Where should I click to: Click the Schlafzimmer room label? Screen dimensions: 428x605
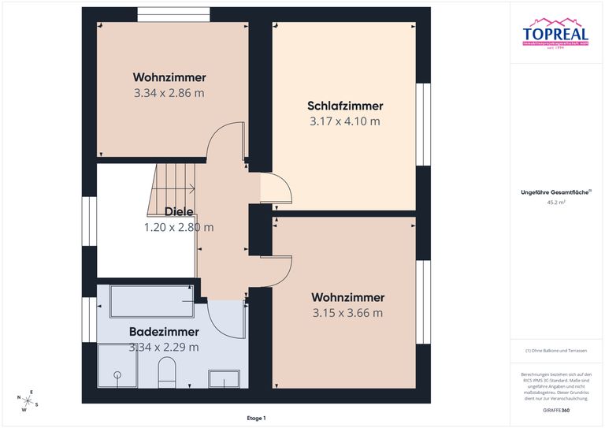[x=345, y=106]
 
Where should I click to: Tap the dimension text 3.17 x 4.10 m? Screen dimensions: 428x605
[x=345, y=121]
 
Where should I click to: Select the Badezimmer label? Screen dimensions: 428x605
[x=165, y=332]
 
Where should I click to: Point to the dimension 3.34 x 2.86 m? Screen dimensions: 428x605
[x=169, y=93]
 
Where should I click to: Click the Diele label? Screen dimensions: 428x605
[x=179, y=211]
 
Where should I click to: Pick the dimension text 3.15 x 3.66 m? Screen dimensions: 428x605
[x=347, y=313]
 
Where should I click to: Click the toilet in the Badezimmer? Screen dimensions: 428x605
[x=166, y=372]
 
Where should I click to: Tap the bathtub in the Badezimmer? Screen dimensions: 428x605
[x=151, y=300]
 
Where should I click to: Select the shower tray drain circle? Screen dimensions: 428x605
[x=117, y=376]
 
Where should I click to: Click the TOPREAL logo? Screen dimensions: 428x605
[x=555, y=33]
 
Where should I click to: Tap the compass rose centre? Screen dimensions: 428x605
[x=29, y=400]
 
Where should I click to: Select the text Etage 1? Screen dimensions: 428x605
[x=256, y=418]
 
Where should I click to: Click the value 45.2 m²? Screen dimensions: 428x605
[x=556, y=202]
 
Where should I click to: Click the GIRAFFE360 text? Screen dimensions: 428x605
[x=556, y=411]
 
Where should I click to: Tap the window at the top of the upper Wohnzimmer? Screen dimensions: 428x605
[x=173, y=14]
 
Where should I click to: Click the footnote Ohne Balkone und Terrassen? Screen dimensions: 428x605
[x=556, y=350]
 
